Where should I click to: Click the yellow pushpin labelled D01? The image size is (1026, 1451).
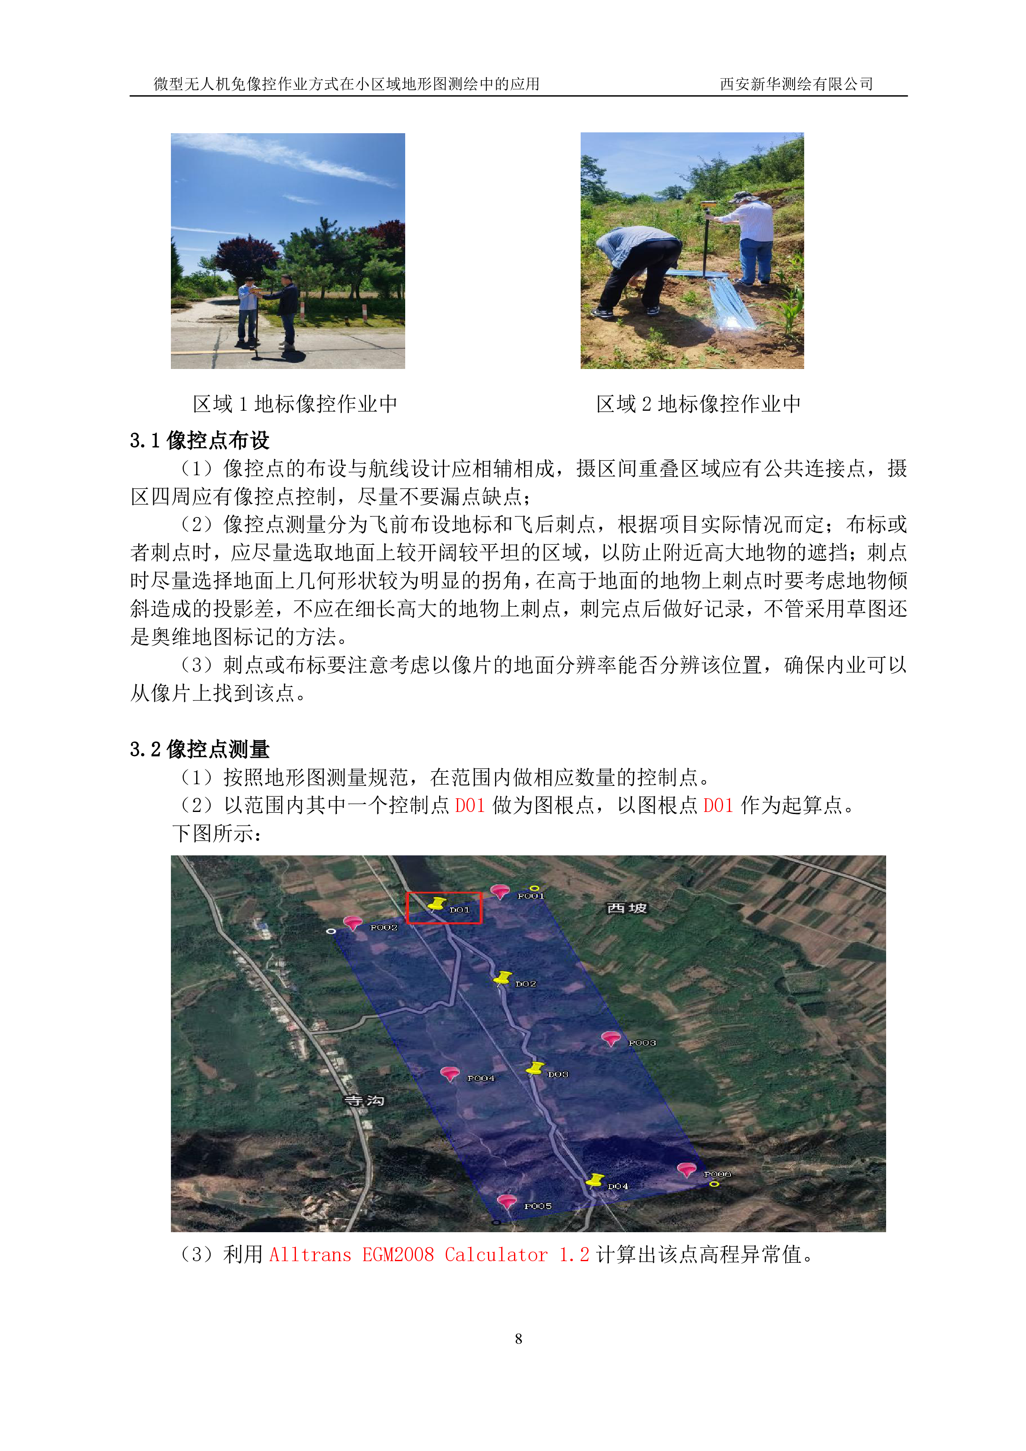click(x=437, y=904)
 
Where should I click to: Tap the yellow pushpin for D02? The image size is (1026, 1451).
click(x=502, y=978)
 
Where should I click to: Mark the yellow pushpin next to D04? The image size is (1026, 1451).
click(x=595, y=1180)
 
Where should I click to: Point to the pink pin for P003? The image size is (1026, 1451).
click(x=610, y=1038)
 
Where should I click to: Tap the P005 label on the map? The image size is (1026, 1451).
click(x=538, y=1206)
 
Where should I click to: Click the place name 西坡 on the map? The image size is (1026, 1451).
click(x=627, y=908)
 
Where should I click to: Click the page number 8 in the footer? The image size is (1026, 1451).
click(x=518, y=1338)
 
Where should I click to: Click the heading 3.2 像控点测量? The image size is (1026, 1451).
click(x=200, y=749)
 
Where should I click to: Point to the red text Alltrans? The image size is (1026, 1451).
click(x=310, y=1255)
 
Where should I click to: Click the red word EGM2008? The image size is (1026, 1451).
click(x=398, y=1255)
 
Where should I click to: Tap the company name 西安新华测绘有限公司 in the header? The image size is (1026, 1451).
click(x=796, y=84)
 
